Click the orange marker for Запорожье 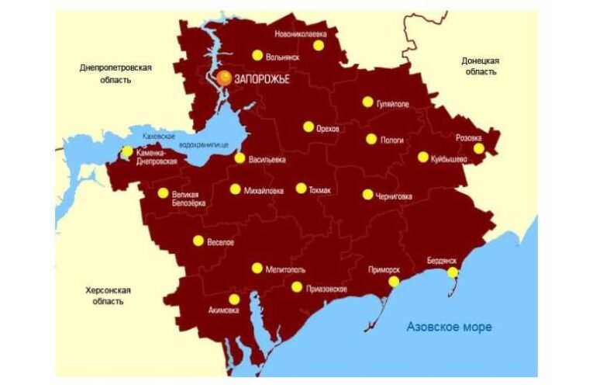coord(224,77)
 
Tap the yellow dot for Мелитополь coord(257,268)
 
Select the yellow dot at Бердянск coord(453,272)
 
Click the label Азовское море coord(449,327)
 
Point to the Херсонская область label coord(108,296)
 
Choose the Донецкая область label coord(481,66)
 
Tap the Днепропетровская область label coord(115,74)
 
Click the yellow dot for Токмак coord(301,188)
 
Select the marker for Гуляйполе coord(367,102)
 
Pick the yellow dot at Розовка coord(479,148)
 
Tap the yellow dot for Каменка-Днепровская coord(127,151)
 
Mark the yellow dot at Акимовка coord(234,300)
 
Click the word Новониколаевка coord(301,34)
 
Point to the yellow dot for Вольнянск coord(257,55)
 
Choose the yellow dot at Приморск coord(394,281)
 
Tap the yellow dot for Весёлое coord(198,241)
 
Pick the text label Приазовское coord(327,289)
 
